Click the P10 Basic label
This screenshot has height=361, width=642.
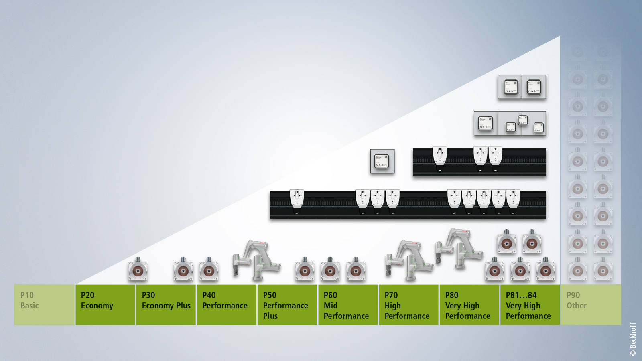click(30, 300)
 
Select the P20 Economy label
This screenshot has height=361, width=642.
click(97, 300)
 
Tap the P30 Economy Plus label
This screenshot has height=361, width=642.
click(166, 300)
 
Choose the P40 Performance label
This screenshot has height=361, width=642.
click(225, 300)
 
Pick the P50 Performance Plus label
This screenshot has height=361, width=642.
click(285, 305)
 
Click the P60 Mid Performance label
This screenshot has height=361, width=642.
click(346, 305)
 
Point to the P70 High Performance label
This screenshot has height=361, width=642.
click(407, 305)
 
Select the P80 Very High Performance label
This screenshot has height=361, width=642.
click(467, 305)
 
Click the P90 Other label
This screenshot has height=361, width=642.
click(577, 300)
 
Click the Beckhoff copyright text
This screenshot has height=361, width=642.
click(633, 339)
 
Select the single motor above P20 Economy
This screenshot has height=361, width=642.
click(138, 270)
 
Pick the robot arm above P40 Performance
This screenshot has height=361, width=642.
click(256, 260)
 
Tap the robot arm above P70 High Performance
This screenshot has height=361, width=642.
click(408, 259)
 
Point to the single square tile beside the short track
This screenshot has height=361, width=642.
click(382, 161)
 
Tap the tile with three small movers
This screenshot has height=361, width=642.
click(522, 124)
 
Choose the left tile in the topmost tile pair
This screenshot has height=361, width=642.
click(510, 87)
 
